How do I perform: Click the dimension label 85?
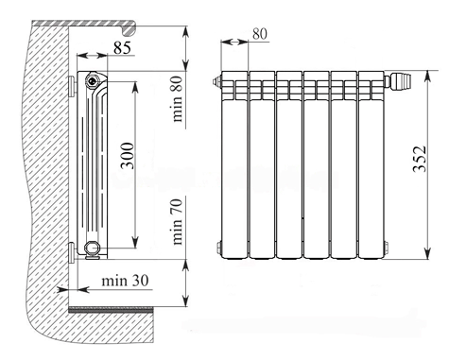click(x=122, y=48)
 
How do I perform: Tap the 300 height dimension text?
click(x=128, y=156)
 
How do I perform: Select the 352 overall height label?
click(x=420, y=159)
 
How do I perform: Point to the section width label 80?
click(x=260, y=34)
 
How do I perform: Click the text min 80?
click(x=177, y=99)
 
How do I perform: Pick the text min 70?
click(x=177, y=222)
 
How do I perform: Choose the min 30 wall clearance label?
click(x=125, y=281)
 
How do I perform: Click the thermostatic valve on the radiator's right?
click(x=399, y=81)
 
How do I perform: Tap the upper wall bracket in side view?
click(x=72, y=85)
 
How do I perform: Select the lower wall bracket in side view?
click(x=72, y=251)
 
